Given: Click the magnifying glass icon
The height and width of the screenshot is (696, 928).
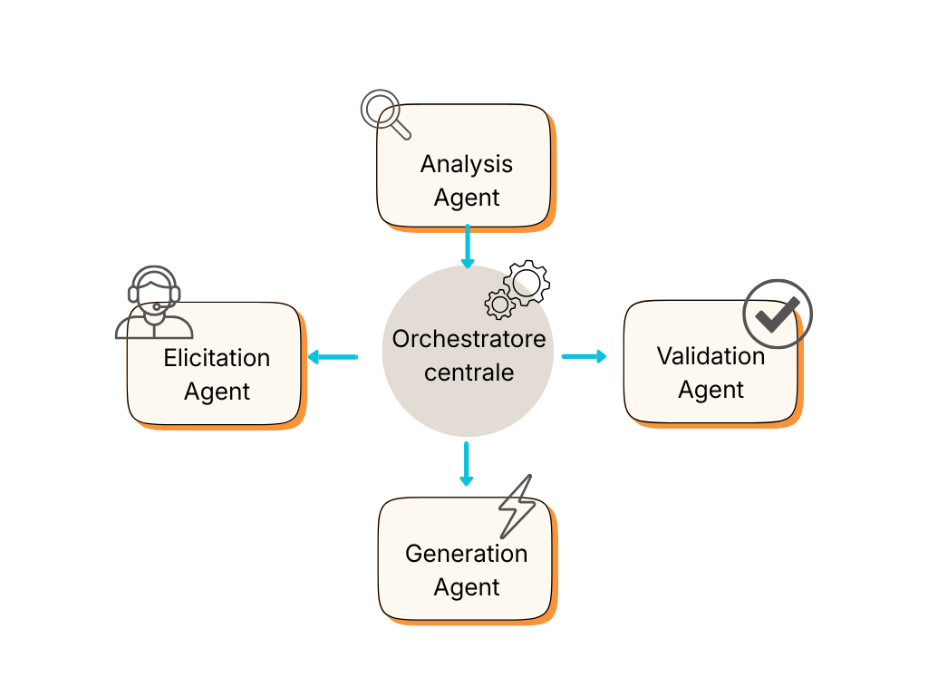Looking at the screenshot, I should click(x=382, y=111).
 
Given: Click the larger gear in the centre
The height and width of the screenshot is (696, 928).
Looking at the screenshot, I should click(x=527, y=282).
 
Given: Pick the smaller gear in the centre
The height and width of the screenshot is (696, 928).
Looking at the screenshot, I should click(x=499, y=304).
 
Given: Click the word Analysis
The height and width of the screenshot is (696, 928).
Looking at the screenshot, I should click(x=466, y=164).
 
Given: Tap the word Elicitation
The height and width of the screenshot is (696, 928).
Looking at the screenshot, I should click(x=217, y=358).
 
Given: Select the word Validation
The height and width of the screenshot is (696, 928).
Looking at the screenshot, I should click(x=710, y=356).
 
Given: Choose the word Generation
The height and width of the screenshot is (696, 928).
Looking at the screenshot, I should click(x=466, y=554).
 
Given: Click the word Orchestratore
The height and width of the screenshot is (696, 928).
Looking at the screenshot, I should click(x=469, y=339).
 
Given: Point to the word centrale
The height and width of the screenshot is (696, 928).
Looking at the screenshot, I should click(x=469, y=372).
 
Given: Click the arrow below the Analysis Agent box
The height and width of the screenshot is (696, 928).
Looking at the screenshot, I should click(x=468, y=246).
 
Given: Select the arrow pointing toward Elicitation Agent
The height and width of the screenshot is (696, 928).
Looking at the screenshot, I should click(x=332, y=357).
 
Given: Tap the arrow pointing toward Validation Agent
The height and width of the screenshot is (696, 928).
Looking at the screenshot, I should click(x=585, y=356).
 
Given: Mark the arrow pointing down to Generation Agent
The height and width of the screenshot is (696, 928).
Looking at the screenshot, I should click(x=466, y=464).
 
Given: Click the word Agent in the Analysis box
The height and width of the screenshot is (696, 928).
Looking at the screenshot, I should click(x=466, y=198).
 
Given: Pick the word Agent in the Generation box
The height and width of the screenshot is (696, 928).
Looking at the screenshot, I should click(x=466, y=587).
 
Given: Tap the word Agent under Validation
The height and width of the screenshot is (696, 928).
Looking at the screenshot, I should click(x=710, y=390).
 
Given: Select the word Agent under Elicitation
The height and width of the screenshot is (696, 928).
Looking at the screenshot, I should click(x=217, y=391).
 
